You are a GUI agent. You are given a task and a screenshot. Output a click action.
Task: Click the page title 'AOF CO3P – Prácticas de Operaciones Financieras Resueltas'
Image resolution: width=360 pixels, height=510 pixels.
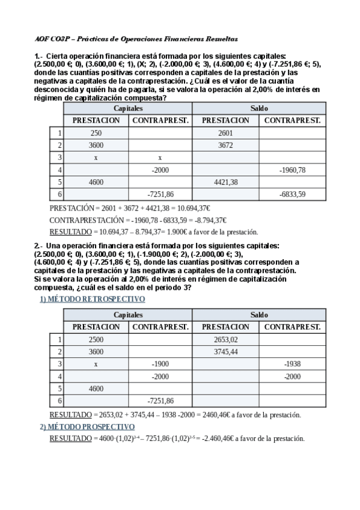click(x=136, y=38)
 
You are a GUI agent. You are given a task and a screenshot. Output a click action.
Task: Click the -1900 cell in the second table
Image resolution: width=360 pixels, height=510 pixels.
click(x=160, y=364)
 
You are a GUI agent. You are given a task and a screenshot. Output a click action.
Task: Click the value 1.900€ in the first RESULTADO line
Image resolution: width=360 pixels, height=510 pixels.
click(x=175, y=232)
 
